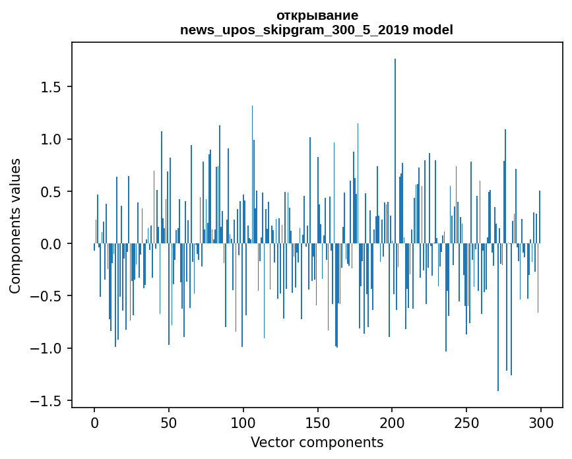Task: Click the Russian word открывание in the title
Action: coord(317,15)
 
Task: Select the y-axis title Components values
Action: coord(15,226)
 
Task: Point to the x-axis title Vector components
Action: coord(317,442)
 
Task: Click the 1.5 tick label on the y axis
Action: coord(51,87)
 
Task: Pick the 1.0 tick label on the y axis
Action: coord(51,139)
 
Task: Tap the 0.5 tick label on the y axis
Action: coord(51,192)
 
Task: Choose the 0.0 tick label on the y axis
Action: coord(51,244)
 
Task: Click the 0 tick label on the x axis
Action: coord(94,422)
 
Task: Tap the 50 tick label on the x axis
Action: coord(169,422)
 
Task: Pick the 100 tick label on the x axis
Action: coord(243,422)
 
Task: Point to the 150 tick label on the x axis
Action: coord(318,422)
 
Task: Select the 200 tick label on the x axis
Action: coord(393,422)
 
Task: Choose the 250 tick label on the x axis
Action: coord(466,422)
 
